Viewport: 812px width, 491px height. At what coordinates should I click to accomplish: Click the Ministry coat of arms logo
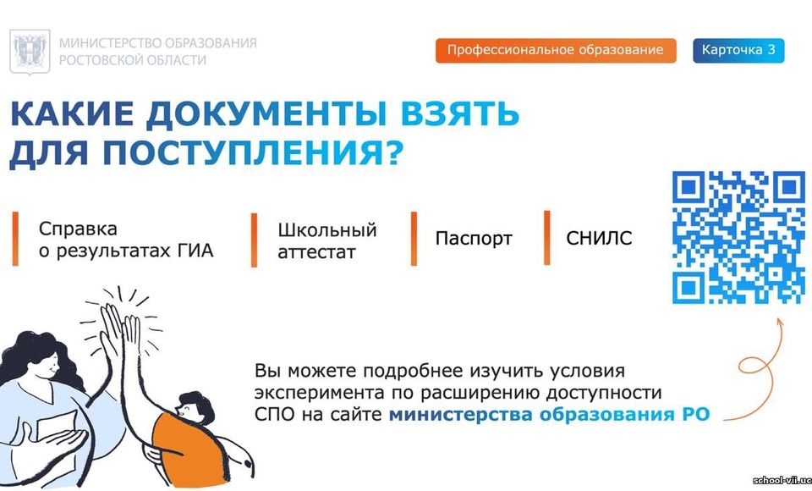tap(30, 52)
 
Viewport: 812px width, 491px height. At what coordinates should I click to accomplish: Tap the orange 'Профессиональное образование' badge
tap(556, 50)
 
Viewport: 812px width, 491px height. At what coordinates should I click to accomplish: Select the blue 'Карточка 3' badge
tap(738, 50)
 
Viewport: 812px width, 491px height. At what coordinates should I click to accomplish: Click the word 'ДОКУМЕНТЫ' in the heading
tap(266, 113)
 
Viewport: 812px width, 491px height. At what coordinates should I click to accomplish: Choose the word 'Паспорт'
tap(474, 239)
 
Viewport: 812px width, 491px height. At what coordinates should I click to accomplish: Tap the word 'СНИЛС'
tap(599, 238)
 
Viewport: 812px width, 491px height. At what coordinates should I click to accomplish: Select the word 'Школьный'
tap(326, 230)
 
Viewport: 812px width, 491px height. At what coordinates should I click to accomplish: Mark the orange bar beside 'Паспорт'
tap(414, 239)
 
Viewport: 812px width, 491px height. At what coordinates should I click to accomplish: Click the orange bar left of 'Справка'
tap(15, 239)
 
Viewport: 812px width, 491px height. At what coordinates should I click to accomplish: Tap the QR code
tap(738, 238)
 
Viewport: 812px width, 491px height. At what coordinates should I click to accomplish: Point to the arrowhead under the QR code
tap(780, 323)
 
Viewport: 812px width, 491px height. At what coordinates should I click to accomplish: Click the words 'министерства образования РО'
tap(549, 415)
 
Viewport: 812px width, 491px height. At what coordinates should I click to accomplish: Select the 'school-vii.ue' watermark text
tap(782, 480)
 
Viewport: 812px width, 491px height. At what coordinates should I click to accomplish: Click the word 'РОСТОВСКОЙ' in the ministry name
tap(96, 60)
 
